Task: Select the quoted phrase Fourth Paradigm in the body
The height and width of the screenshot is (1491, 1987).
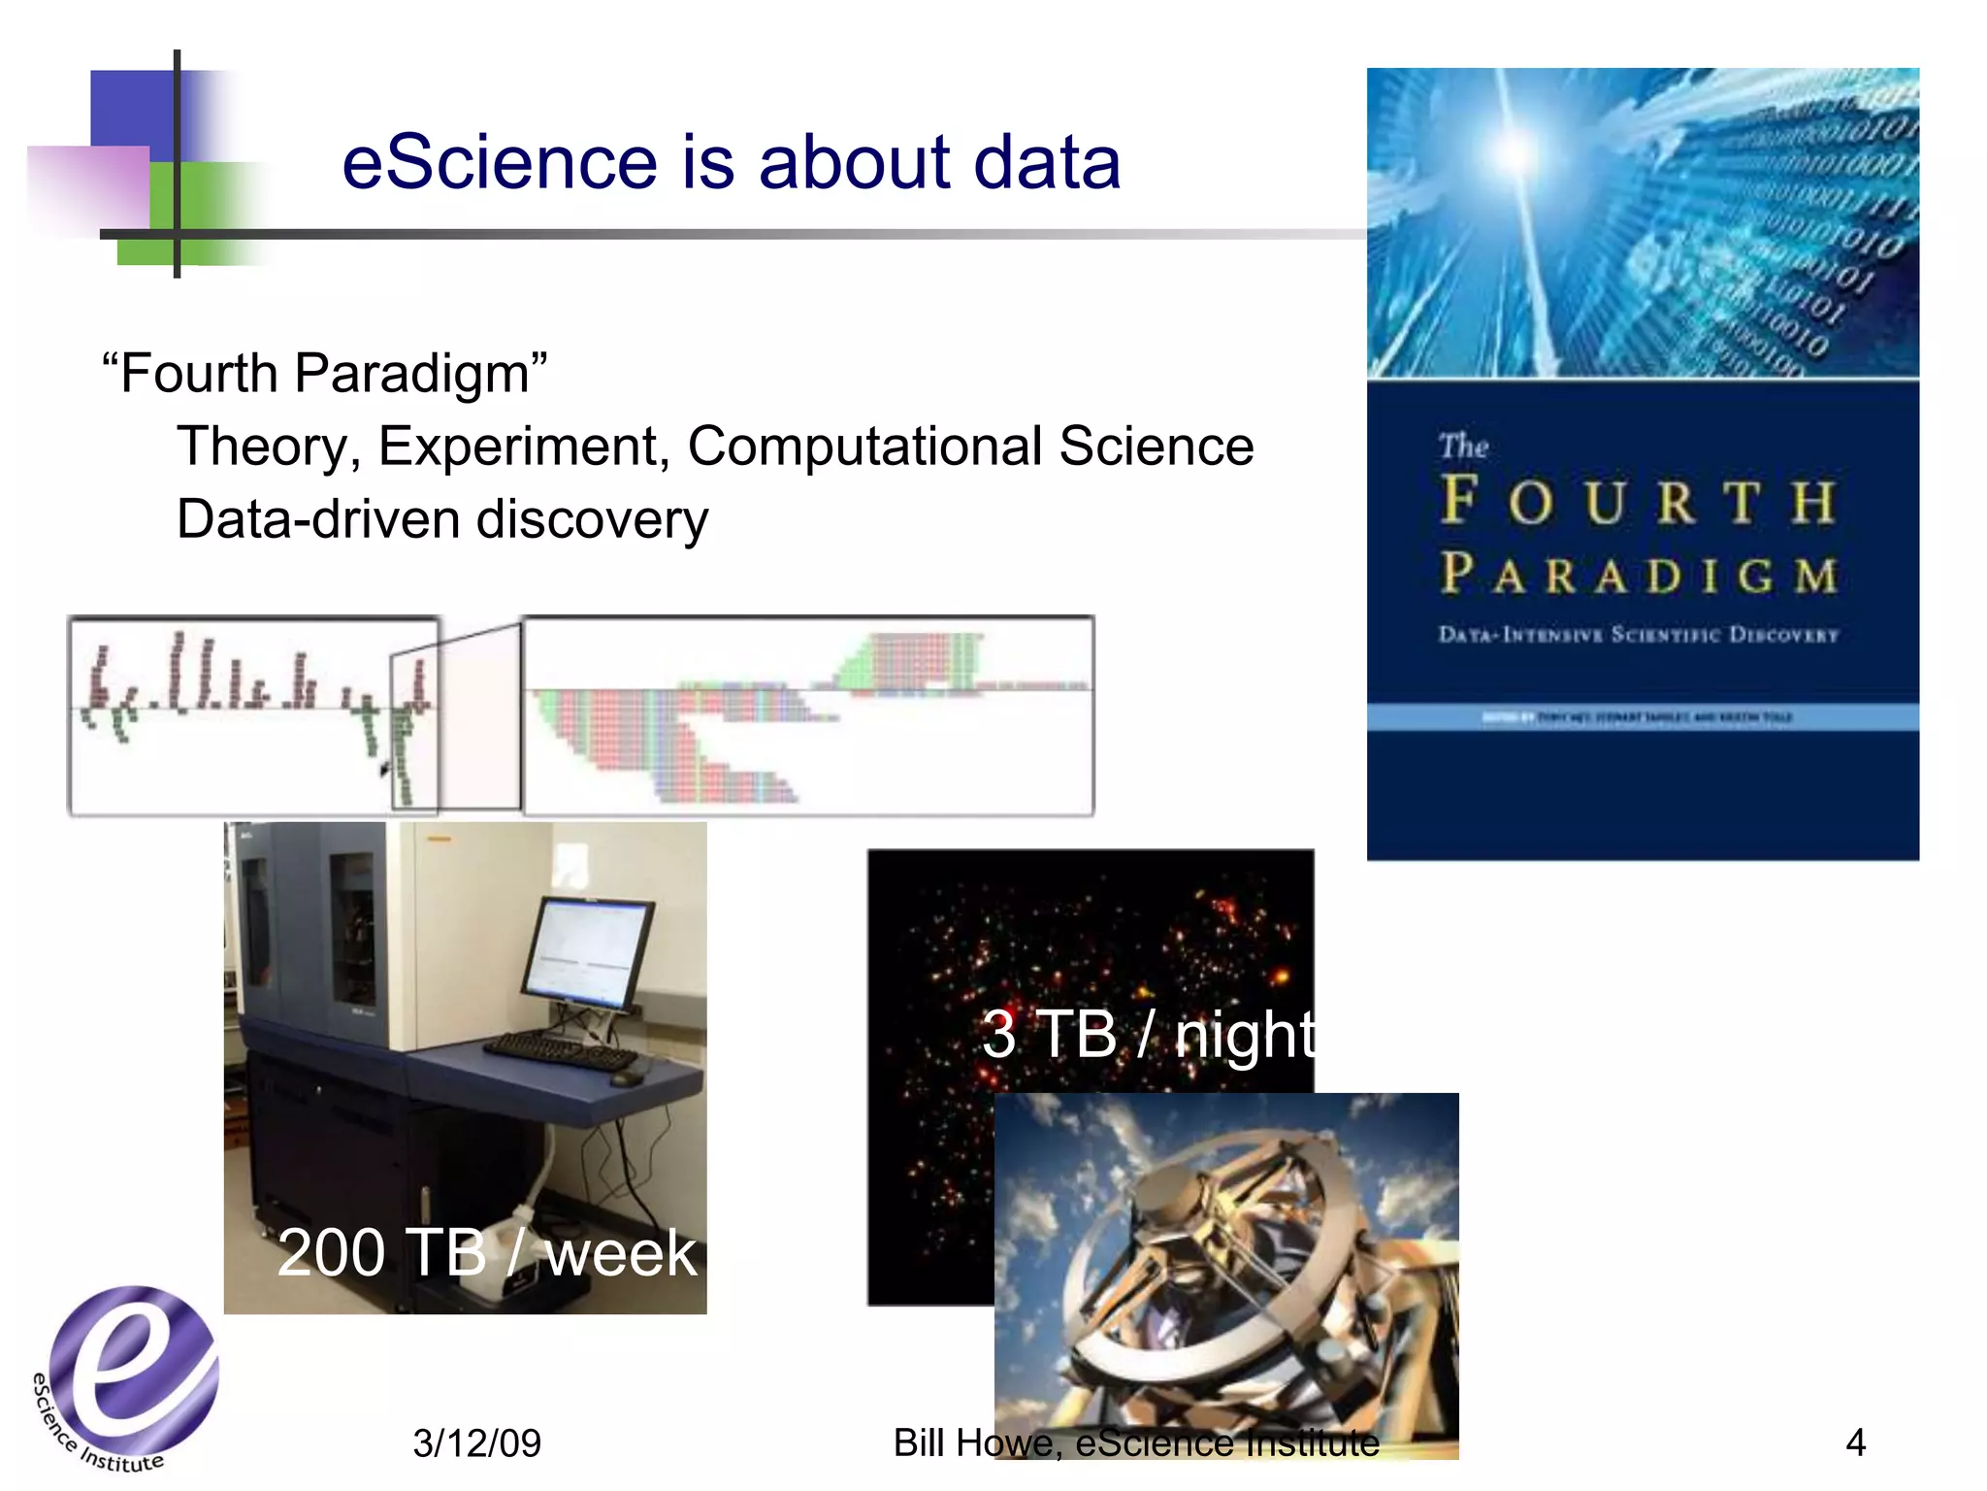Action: [x=325, y=374]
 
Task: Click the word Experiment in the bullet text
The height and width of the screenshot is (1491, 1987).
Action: [x=523, y=447]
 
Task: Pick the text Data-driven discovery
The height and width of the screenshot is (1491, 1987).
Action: [x=442, y=519]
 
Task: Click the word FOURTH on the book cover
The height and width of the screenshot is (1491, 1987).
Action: [x=1638, y=502]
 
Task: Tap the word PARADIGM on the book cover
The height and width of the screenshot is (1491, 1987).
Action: [x=1638, y=575]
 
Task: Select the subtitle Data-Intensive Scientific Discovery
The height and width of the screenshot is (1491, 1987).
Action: [x=1638, y=635]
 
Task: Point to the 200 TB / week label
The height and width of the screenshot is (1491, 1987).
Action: [x=487, y=1253]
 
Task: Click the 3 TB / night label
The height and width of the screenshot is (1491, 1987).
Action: [x=1149, y=1035]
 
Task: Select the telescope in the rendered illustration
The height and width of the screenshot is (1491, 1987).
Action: [x=1232, y=1272]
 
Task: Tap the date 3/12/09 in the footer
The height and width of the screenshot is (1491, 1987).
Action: [x=476, y=1443]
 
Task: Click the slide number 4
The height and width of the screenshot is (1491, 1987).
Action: [x=1854, y=1442]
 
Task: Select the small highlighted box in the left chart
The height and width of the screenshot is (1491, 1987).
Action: [x=414, y=730]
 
